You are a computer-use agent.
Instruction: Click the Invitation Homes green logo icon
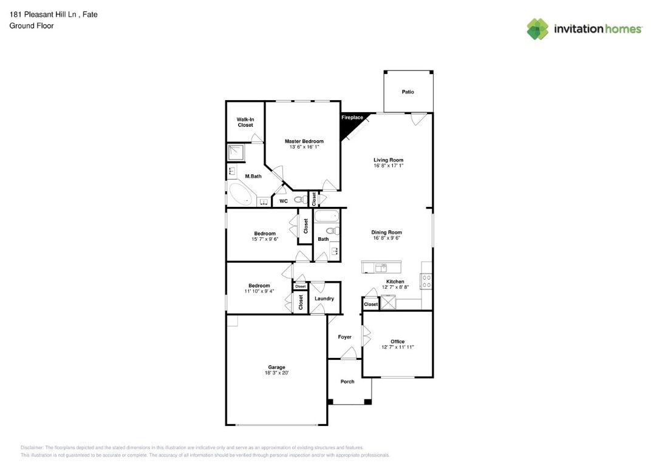(x=538, y=29)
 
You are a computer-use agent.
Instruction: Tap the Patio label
(x=408, y=92)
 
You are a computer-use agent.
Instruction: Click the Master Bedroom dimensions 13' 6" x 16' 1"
(x=304, y=147)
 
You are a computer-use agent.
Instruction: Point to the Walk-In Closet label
(x=245, y=123)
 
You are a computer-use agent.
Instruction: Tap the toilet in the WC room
(x=299, y=200)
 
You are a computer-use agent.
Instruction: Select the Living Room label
(x=388, y=160)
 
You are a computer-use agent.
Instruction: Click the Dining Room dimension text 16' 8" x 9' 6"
(x=387, y=238)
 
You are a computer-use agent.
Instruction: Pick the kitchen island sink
(x=381, y=267)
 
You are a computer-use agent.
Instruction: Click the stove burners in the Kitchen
(x=426, y=280)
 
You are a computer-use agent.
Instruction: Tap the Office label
(x=397, y=342)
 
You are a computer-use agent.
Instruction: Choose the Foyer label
(x=344, y=337)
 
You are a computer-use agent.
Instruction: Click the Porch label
(x=347, y=382)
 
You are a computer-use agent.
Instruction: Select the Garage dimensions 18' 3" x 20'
(x=276, y=373)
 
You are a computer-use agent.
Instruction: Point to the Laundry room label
(x=324, y=299)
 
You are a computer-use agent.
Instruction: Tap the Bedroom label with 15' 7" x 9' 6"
(x=265, y=234)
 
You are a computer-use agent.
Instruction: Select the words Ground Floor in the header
(x=32, y=25)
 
